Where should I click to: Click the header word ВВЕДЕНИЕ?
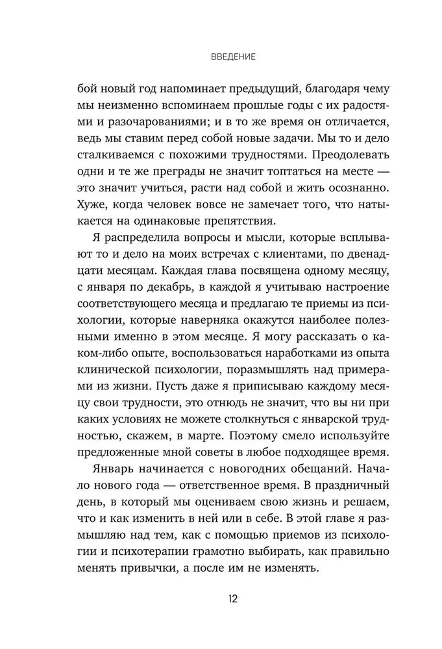click(233, 57)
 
